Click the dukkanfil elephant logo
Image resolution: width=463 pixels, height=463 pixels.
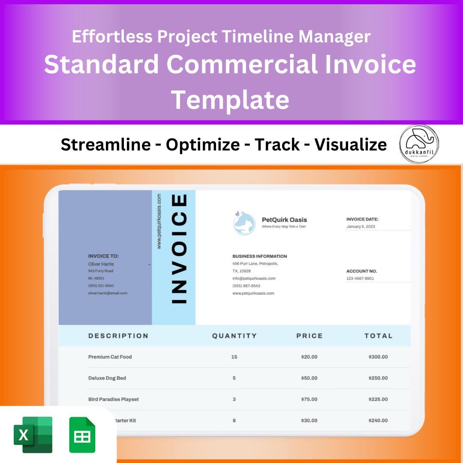419,144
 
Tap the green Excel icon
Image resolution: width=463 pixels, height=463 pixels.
33,435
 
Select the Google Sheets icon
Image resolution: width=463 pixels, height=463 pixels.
82,435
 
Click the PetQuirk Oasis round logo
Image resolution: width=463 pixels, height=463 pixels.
244,222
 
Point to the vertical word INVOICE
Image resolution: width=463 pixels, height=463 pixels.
179,249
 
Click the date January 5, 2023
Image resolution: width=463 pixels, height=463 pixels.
361,226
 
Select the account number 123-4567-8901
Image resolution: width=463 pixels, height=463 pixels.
360,278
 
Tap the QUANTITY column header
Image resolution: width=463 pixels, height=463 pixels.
234,336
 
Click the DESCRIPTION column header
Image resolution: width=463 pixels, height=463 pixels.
118,336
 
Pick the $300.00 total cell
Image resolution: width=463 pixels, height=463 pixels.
378,357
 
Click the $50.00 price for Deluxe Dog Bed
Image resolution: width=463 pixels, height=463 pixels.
309,378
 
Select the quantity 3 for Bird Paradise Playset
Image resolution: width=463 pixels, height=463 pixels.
234,399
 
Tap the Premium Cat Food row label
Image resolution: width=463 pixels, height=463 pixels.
110,357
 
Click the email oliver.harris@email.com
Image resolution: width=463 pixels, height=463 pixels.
108,293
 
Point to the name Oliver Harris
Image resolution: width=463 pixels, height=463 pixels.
101,264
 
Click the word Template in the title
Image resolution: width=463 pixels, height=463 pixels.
230,99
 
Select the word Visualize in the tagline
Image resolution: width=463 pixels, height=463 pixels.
350,145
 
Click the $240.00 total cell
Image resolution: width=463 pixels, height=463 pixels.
378,421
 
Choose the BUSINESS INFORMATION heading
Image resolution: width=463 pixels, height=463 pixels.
259,256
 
